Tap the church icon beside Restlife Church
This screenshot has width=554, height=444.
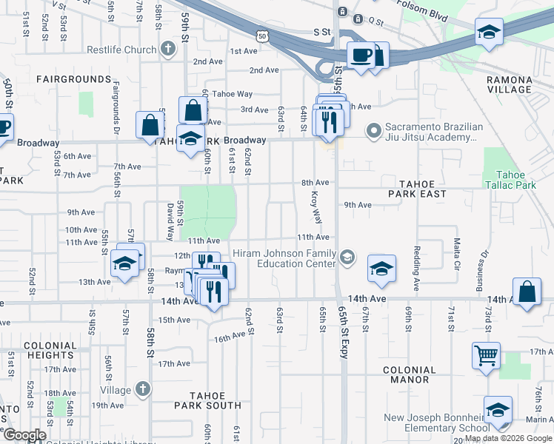(168, 50)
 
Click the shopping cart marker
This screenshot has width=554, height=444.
(485, 355)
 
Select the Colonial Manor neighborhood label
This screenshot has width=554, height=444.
(409, 374)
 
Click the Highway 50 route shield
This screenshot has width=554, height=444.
(261, 35)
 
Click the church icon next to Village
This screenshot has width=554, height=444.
(144, 389)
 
